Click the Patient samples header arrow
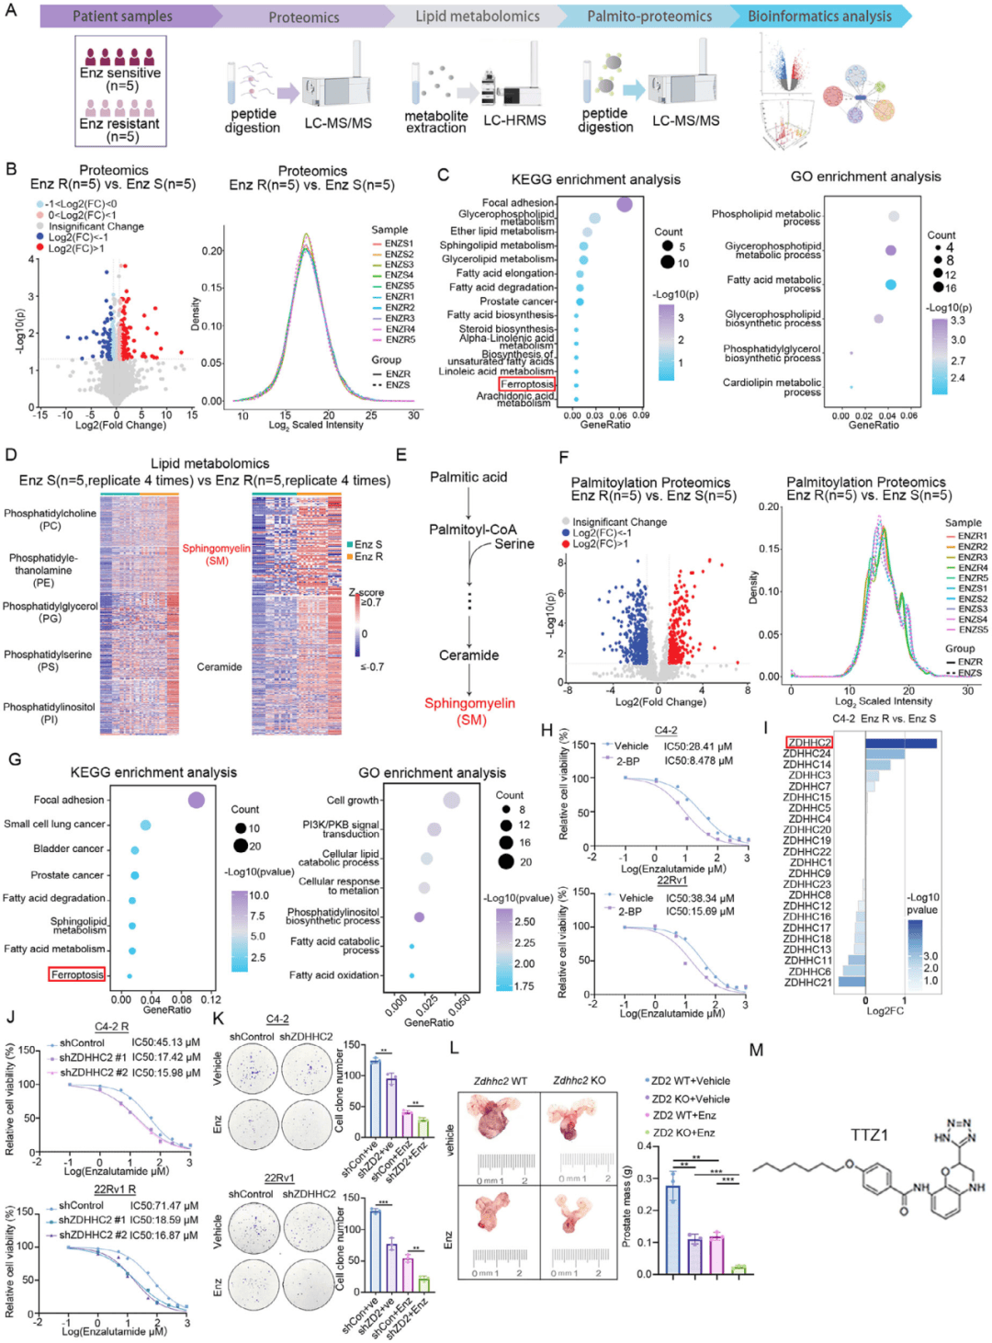point(123,17)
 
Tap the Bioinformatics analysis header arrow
point(819,17)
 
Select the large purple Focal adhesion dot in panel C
point(625,204)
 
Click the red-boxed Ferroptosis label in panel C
point(527,384)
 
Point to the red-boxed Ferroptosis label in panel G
point(77,974)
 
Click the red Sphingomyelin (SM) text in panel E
point(469,711)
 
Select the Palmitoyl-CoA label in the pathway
point(472,529)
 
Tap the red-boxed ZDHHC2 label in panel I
point(809,743)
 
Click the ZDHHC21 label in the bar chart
point(808,983)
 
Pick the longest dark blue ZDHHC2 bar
point(901,744)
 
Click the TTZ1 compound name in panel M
point(869,1135)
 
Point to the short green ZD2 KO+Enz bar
point(738,1269)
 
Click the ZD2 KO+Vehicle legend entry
point(691,1098)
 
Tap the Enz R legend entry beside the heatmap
point(366,556)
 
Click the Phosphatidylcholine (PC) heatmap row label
point(50,519)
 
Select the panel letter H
point(547,731)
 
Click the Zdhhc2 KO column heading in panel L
point(580,1081)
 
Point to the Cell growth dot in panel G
point(451,800)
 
